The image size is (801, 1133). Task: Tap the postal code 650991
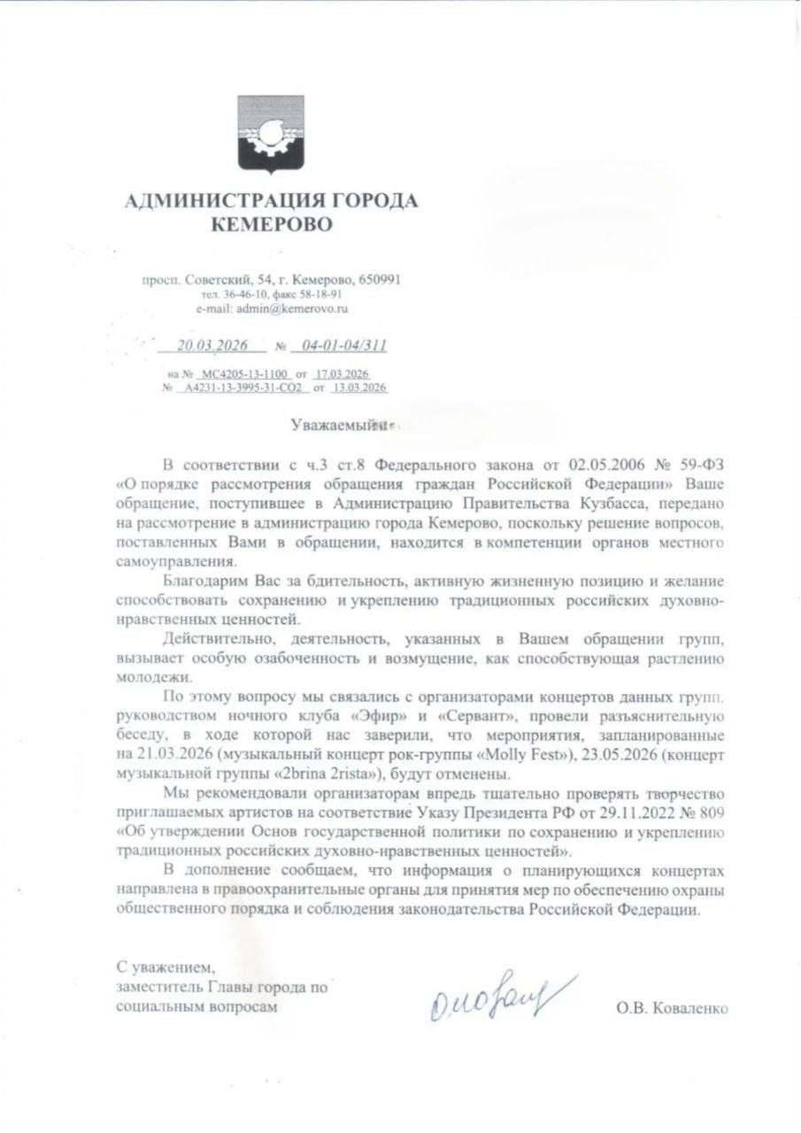coord(378,280)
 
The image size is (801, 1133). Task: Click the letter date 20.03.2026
coord(209,345)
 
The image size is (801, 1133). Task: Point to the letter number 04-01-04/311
coord(344,345)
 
